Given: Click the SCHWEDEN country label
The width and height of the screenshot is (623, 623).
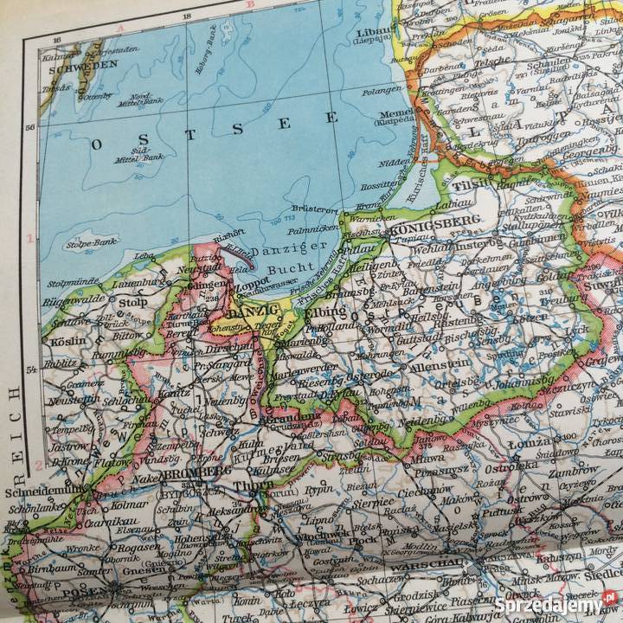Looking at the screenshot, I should (x=83, y=64).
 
